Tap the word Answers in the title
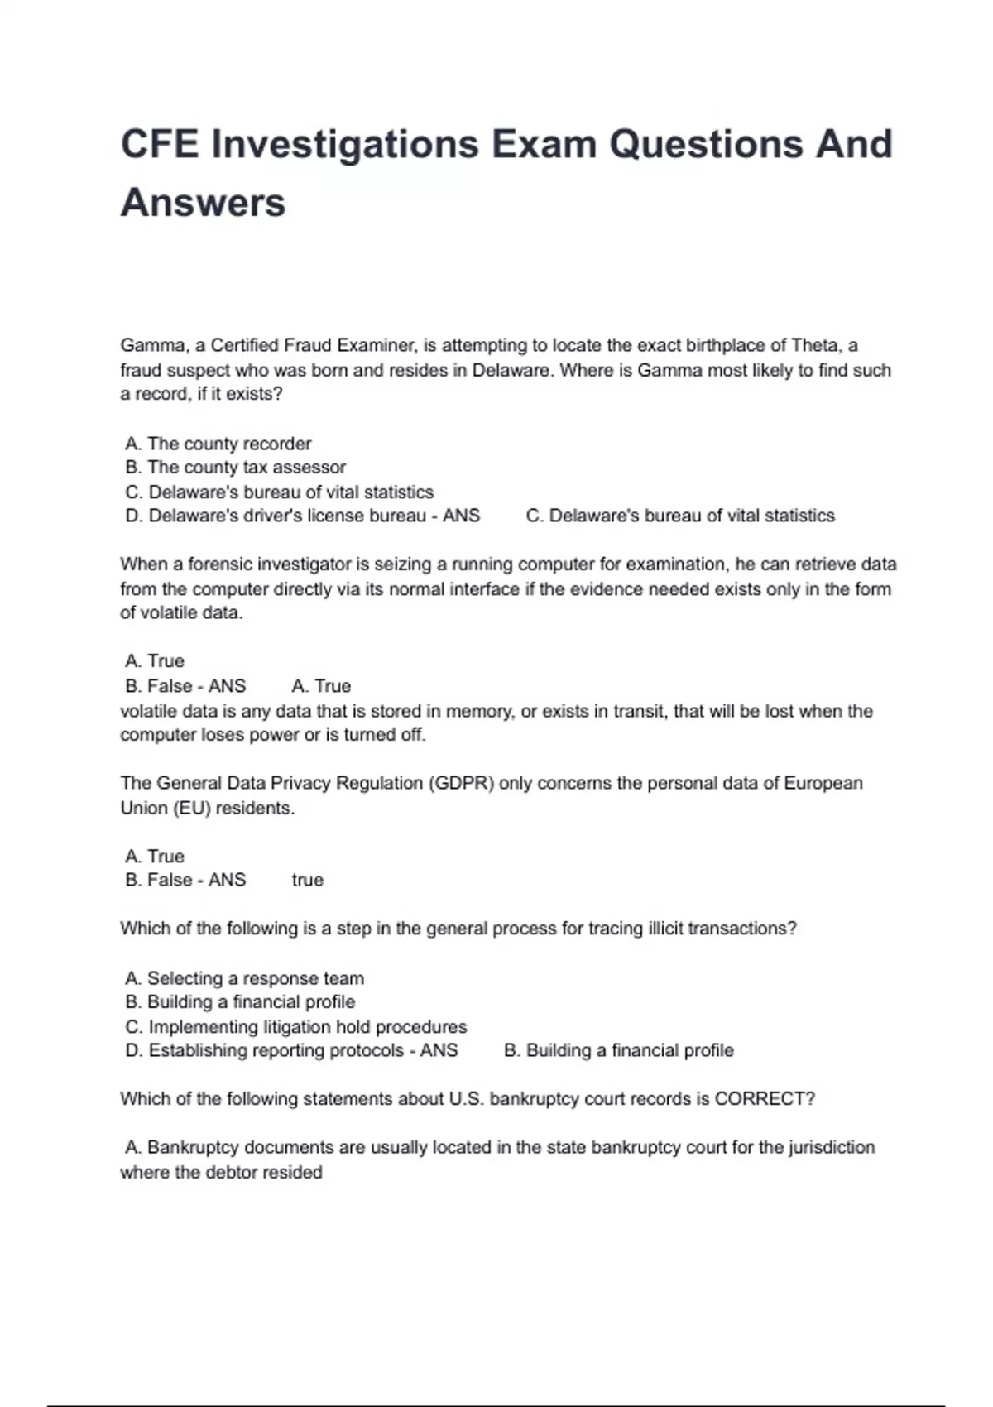pyautogui.click(x=203, y=204)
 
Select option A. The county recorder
pyautogui.click(x=218, y=444)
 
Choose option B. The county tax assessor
pyautogui.click(x=236, y=468)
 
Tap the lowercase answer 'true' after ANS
pyautogui.click(x=307, y=881)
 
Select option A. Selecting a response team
pyautogui.click(x=245, y=978)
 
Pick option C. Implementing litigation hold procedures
pyautogui.click(x=296, y=1027)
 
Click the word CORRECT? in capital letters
pyautogui.click(x=765, y=1099)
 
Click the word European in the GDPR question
pyautogui.click(x=823, y=784)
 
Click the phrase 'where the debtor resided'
pyautogui.click(x=221, y=1173)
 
